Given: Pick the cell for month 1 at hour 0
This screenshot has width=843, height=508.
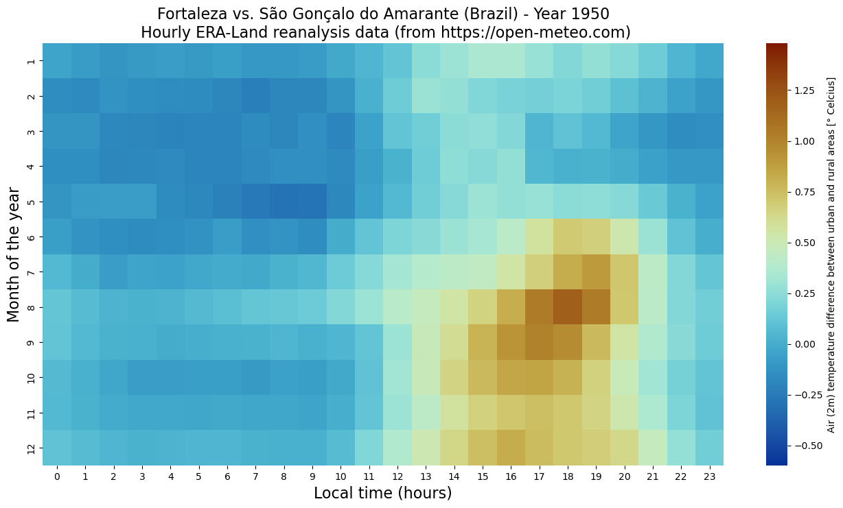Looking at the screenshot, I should [x=57, y=61].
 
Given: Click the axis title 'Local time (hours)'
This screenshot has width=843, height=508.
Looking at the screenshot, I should [x=382, y=493].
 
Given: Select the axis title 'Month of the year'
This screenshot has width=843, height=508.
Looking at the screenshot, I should [x=14, y=254].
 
